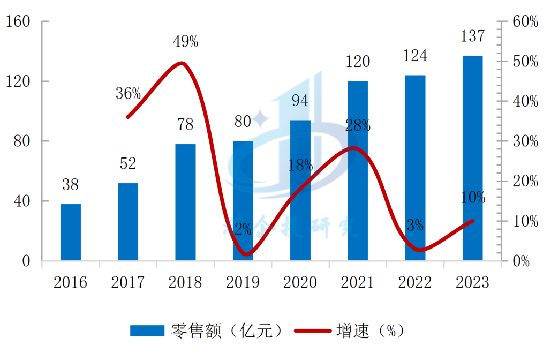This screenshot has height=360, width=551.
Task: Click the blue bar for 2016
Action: tap(70, 232)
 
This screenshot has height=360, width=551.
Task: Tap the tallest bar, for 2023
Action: tap(472, 159)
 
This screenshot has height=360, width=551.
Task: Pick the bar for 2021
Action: tap(358, 171)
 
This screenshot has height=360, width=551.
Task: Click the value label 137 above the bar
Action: tap(472, 36)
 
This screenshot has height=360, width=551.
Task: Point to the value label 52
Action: tap(128, 163)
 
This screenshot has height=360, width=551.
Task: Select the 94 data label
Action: tap(300, 100)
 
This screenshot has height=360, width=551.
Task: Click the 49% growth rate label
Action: tap(185, 41)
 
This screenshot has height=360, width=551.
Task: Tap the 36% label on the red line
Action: tap(128, 94)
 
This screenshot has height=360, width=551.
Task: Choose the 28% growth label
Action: tap(358, 125)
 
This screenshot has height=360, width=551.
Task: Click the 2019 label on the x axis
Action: tap(243, 282)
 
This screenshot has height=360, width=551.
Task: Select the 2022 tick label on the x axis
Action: tap(415, 282)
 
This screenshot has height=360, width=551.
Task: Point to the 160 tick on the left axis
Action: tap(20, 21)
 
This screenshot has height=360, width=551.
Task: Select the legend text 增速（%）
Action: tap(369, 331)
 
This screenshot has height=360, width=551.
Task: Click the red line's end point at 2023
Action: tap(472, 221)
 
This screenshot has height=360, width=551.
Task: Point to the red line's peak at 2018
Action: tap(182, 63)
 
